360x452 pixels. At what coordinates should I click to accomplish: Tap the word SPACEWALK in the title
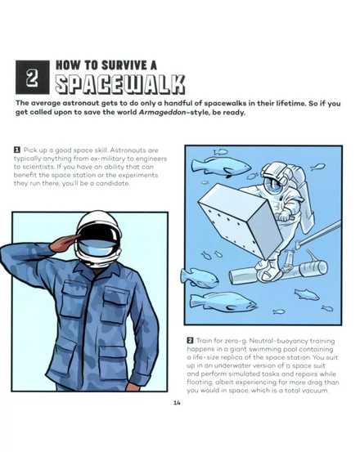(120, 84)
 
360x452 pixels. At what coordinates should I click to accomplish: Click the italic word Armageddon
(162, 113)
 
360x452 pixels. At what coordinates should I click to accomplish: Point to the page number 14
(177, 403)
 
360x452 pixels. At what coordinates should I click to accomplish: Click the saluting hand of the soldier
(64, 243)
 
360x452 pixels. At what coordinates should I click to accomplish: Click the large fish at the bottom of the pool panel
(224, 302)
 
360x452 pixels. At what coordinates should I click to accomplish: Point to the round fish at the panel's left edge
(199, 278)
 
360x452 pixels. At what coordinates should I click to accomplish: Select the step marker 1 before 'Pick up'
(17, 150)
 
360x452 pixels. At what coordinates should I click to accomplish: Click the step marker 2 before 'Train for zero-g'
(190, 341)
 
